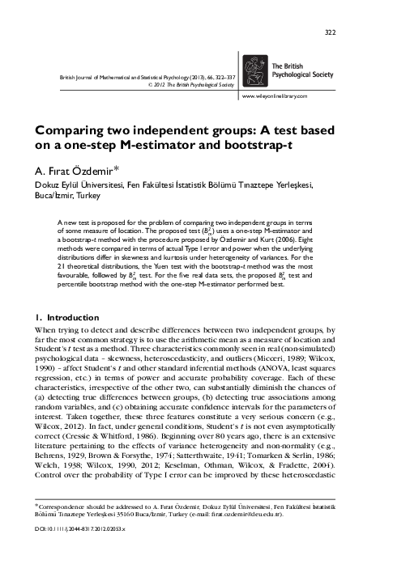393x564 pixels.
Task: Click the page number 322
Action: (352, 32)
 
